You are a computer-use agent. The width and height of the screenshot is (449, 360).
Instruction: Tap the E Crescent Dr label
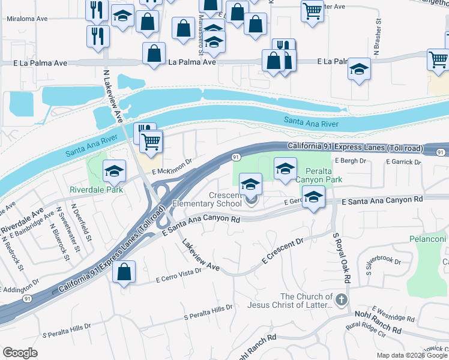tap(283, 252)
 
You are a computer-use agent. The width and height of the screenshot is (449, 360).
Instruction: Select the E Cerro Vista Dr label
tap(178, 275)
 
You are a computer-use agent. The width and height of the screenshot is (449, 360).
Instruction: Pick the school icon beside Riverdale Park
tap(113, 172)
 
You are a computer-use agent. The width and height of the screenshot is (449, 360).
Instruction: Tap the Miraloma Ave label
tap(26, 19)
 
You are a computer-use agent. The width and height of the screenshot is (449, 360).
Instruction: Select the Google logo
tap(20, 353)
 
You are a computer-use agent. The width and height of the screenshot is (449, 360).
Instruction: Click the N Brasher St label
tap(377, 41)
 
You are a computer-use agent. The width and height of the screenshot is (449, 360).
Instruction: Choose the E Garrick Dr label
tap(403, 162)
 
